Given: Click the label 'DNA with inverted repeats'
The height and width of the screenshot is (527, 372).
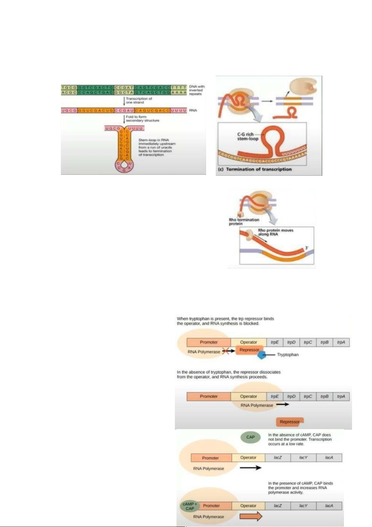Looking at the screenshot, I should [196, 90].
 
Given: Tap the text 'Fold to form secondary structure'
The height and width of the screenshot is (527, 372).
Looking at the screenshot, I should [142, 119].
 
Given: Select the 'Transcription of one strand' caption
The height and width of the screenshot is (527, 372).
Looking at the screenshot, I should [139, 100].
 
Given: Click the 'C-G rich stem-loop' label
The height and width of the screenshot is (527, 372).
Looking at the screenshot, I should [247, 136].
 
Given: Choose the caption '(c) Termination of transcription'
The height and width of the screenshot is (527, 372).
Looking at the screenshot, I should [255, 169].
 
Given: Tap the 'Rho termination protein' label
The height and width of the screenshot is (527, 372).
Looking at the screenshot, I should [244, 222].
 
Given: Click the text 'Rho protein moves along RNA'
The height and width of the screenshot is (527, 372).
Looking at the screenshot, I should [275, 232].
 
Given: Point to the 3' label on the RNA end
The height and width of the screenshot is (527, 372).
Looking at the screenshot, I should [307, 248].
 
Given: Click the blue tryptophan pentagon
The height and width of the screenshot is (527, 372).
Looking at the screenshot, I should [261, 355].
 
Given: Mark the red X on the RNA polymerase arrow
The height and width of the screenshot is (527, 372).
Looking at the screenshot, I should [225, 351].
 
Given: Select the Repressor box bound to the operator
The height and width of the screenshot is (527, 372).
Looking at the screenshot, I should [249, 350].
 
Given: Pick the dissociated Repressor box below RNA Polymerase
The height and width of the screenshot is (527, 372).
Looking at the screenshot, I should [290, 422].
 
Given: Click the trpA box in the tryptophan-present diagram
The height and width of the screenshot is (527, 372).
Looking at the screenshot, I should [341, 342].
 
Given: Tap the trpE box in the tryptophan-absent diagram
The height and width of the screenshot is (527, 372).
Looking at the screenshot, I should [275, 396].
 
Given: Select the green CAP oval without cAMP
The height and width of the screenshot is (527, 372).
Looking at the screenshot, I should [250, 437].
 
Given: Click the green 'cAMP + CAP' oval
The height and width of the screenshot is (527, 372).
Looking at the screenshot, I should [190, 506].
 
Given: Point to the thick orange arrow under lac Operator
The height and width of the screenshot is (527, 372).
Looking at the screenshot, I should [251, 516].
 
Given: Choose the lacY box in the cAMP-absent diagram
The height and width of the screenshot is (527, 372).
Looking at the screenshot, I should [303, 458].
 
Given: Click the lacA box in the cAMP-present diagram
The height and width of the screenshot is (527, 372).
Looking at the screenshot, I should [329, 506].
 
